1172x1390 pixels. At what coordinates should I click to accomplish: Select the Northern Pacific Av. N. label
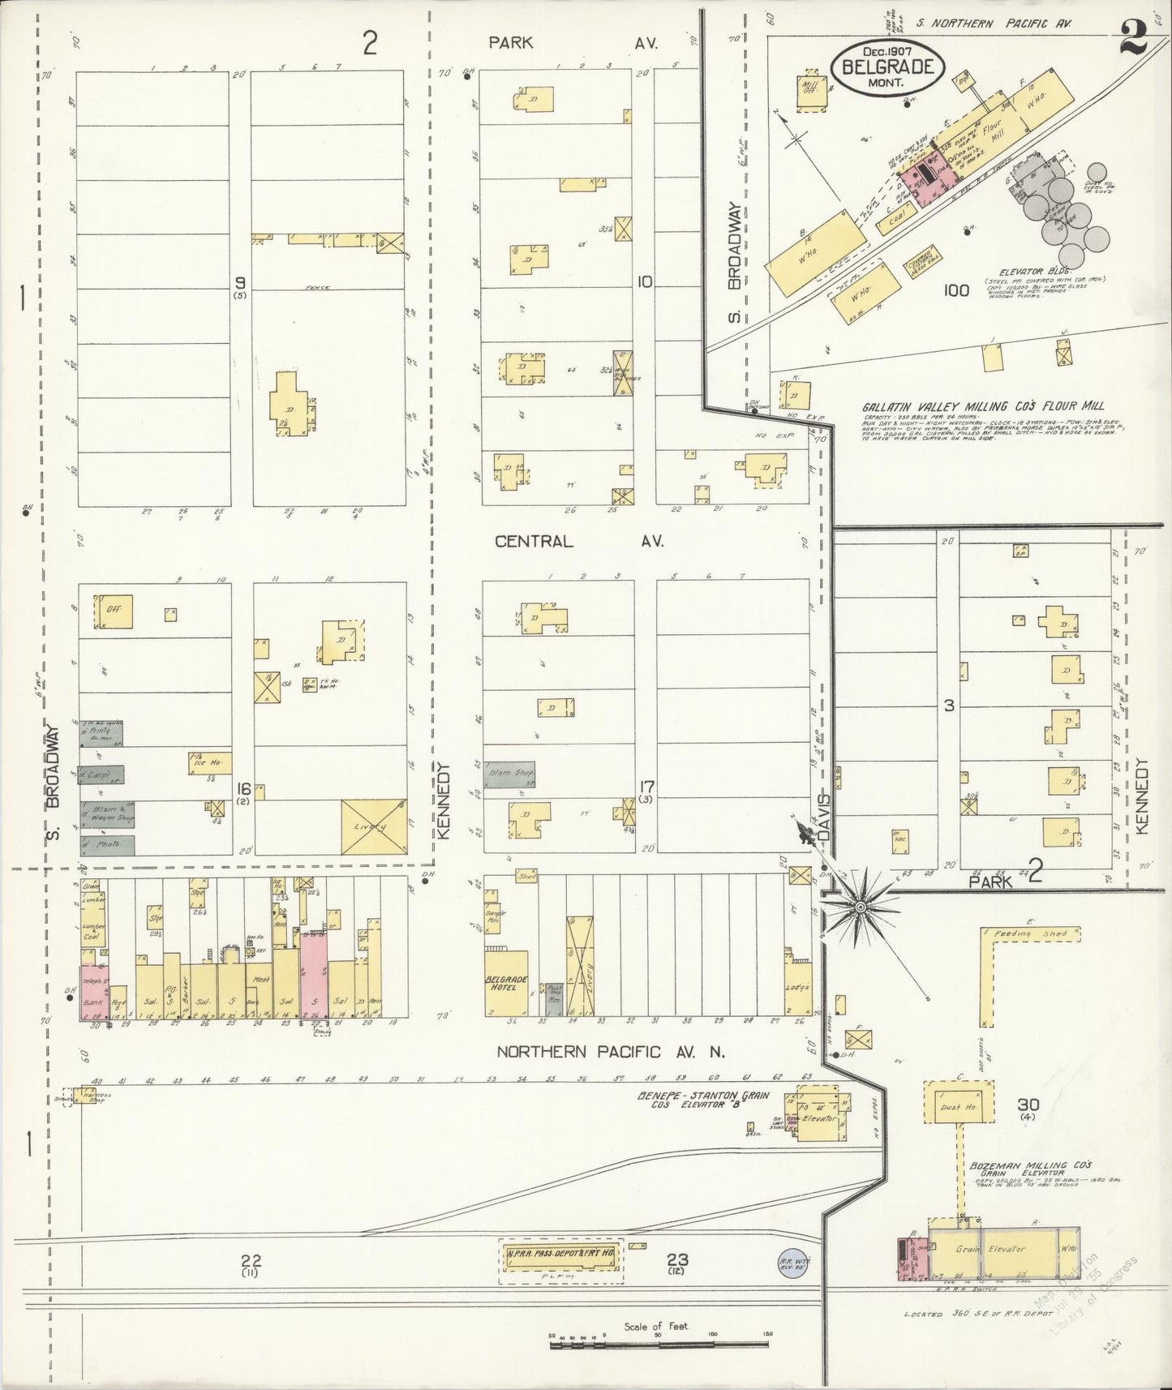tap(611, 1052)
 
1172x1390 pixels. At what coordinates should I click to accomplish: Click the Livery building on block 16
tap(373, 826)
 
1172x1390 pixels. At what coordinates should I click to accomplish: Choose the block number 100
tap(957, 290)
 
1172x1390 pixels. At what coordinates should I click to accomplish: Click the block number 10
tap(645, 282)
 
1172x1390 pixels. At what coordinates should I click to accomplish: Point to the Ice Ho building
tap(209, 763)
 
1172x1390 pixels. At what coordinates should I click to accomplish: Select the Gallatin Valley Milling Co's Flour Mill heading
tap(983, 406)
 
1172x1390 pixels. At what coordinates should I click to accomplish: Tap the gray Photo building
tap(107, 844)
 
